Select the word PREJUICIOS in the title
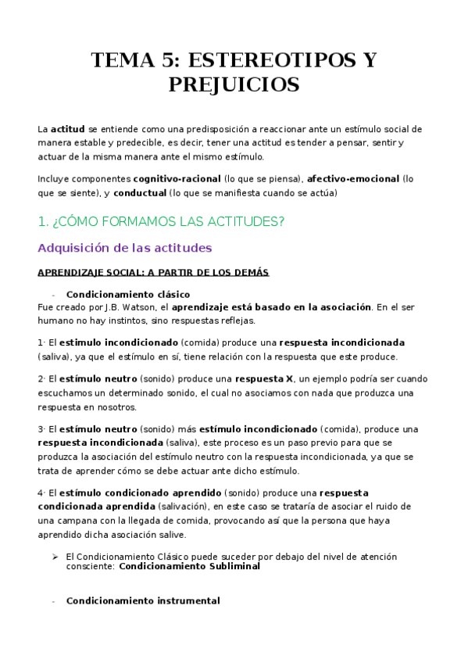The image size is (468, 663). pyautogui.click(x=234, y=84)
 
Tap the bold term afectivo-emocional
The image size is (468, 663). pyautogui.click(x=353, y=179)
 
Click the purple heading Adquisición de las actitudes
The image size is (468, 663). pyautogui.click(x=125, y=248)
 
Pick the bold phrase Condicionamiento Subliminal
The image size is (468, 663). pyautogui.click(x=189, y=567)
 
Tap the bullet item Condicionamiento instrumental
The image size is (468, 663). pyautogui.click(x=143, y=601)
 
